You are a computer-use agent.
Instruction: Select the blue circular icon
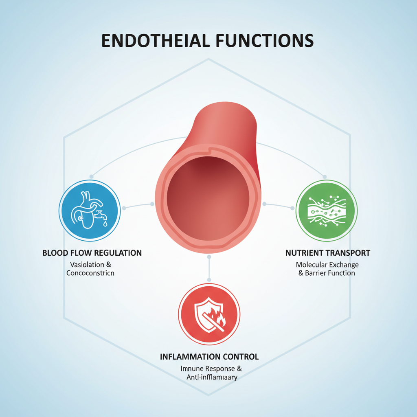coord(89,210)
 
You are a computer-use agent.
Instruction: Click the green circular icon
coord(326,210)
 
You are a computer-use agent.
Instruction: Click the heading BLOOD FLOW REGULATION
coord(92,253)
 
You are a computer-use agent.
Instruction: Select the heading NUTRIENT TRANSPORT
coord(328,253)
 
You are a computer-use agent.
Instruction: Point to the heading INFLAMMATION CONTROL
coord(209,357)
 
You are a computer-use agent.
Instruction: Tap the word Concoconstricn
coord(90,273)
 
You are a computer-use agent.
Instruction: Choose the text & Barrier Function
coord(327,273)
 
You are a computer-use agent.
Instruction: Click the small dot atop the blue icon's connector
coord(91,177)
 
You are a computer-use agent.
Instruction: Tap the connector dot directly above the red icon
coord(209,280)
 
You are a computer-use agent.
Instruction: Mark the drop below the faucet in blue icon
coord(105,224)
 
